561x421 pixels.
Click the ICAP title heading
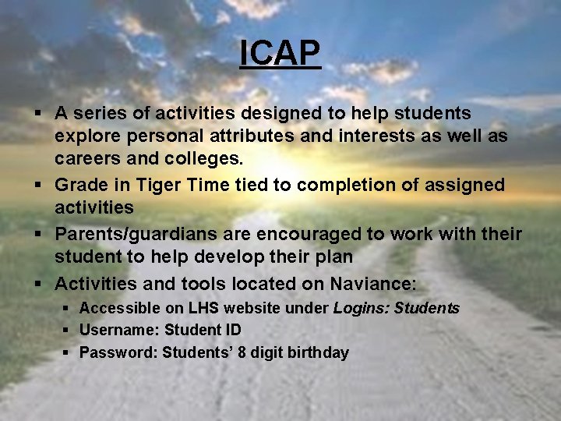point(280,53)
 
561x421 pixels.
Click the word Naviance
point(374,283)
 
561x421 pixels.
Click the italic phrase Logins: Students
point(396,308)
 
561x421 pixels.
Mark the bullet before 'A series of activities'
point(38,114)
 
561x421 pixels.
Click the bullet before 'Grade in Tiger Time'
point(38,186)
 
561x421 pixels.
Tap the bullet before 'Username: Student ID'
point(67,331)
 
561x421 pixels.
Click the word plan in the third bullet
point(335,256)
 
